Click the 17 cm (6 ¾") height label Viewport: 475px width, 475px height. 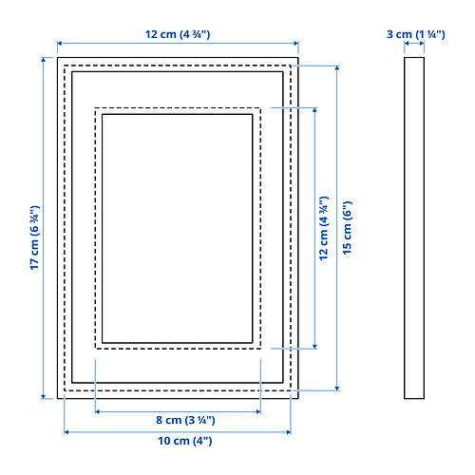point(34,237)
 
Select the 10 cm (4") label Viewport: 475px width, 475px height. point(185,441)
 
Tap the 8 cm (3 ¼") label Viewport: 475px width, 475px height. point(185,420)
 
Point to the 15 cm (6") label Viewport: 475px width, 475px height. point(348,227)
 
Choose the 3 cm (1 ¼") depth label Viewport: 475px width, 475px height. point(416,34)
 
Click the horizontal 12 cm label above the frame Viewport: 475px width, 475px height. point(178,34)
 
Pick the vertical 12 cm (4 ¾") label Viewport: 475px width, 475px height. point(324,228)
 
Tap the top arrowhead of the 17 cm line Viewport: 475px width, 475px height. point(44,60)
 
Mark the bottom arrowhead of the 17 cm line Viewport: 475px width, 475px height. point(44,396)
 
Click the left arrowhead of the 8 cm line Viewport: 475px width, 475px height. point(98,411)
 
